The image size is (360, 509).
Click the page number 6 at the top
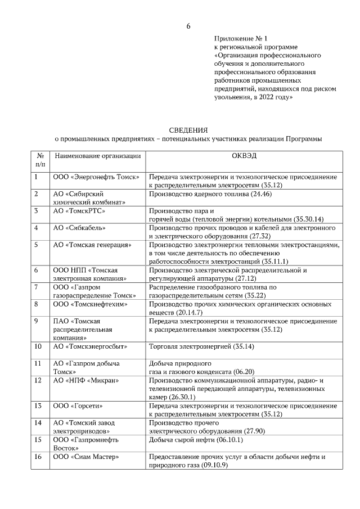pos(188,26)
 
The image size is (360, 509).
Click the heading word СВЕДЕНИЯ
pos(188,130)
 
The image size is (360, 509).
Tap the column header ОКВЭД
pos(244,155)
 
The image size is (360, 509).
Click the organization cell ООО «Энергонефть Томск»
pos(96,177)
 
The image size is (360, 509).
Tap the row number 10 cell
pos(38,346)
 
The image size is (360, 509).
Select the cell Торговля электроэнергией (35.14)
pos(201,346)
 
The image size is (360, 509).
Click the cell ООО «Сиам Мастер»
pos(86,457)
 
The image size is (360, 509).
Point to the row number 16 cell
pos(38,457)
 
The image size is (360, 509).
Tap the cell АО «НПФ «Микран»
pos(86,380)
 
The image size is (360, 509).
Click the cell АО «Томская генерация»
pos(92,245)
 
